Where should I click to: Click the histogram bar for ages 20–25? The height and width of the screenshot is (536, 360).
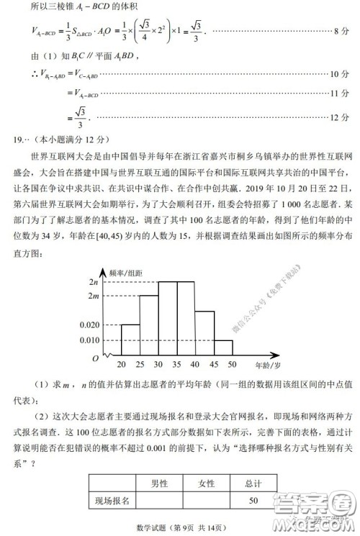click(x=130, y=340)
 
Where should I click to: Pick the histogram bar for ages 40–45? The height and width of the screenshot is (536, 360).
click(x=204, y=333)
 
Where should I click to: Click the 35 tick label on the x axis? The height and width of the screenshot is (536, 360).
click(x=177, y=365)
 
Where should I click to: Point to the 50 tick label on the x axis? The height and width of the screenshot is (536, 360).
click(x=232, y=365)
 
